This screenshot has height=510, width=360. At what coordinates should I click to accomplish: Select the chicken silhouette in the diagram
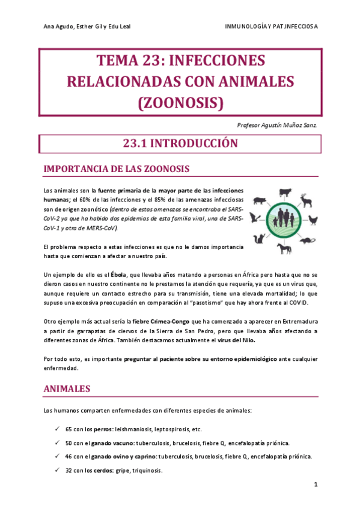[x=313, y=220]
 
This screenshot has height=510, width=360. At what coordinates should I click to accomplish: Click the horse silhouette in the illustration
[x=284, y=248]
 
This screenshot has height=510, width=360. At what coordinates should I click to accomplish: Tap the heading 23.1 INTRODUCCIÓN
[x=180, y=143]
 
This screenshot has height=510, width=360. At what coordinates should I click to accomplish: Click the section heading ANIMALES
[x=67, y=389]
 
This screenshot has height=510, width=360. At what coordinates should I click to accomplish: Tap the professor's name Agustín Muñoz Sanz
[x=291, y=125]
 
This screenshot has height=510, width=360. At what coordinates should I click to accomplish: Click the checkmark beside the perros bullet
[x=56, y=429]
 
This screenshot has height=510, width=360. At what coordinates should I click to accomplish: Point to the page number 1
[x=316, y=484]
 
